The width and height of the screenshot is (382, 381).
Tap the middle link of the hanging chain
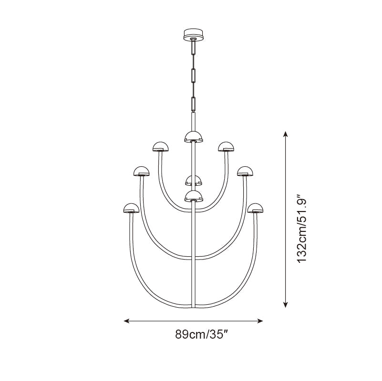[193, 75]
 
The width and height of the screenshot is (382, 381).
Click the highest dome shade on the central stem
[193, 137]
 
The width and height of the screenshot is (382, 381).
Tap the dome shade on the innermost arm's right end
[226, 147]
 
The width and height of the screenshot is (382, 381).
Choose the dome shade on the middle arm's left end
[141, 171]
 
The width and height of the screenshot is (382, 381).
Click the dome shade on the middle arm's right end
[245, 171]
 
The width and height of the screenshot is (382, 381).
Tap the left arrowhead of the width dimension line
[127, 321]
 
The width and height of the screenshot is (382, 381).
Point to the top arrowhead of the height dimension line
[286, 134]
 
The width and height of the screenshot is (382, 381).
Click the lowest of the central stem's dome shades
[193, 196]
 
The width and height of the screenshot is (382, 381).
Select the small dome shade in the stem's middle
[193, 180]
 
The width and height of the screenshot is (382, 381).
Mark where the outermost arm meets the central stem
[193, 305]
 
